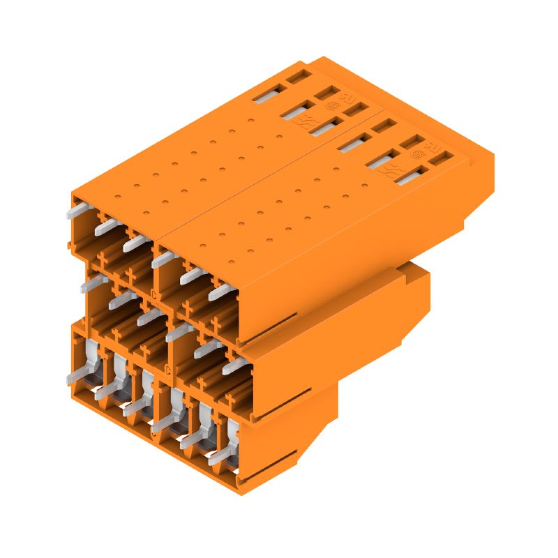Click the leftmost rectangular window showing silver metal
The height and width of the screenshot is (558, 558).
click(x=266, y=93)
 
